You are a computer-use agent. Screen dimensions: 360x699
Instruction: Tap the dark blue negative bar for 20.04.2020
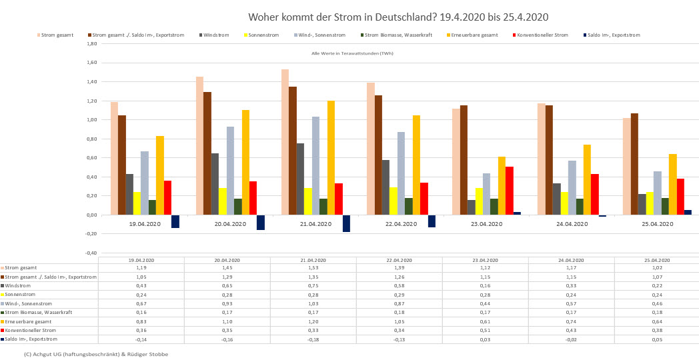click(261, 222)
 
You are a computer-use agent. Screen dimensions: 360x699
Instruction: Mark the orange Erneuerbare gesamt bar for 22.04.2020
click(416, 165)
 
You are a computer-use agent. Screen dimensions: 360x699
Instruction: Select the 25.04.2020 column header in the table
click(657, 260)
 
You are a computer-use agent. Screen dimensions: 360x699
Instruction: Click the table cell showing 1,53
click(313, 268)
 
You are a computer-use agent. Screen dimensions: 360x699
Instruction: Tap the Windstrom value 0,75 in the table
click(313, 286)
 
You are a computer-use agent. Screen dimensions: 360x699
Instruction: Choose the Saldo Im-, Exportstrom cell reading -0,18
click(313, 339)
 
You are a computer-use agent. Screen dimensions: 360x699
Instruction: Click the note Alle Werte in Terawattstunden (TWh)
click(352, 53)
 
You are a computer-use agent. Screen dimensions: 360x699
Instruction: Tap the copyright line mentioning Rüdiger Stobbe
click(95, 354)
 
